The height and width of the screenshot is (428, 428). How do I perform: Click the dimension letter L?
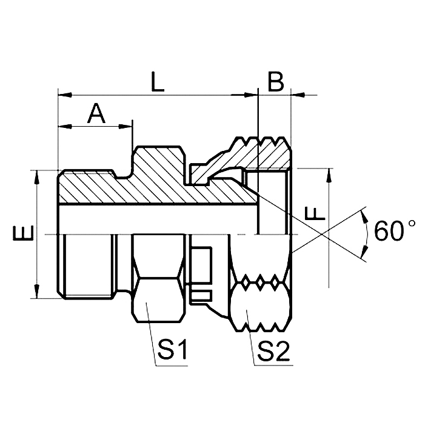tap(158, 82)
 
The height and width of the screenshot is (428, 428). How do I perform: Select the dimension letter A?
tap(96, 113)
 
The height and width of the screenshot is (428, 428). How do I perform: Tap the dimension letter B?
tap(275, 82)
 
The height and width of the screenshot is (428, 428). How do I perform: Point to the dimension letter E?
tap(21, 234)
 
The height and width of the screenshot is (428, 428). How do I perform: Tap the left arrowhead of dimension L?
tap(64, 95)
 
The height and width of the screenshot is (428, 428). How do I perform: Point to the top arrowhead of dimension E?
tap(38, 176)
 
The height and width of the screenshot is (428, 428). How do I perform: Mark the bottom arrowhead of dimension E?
tap(38, 292)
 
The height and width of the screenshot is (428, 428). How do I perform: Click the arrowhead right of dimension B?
tap(297, 95)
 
